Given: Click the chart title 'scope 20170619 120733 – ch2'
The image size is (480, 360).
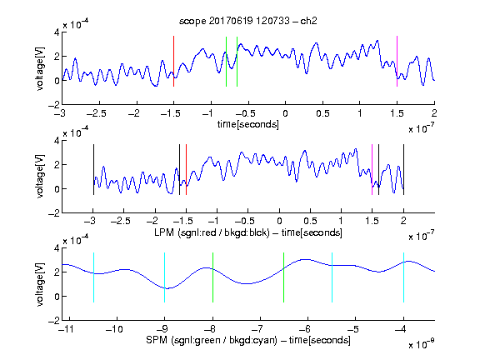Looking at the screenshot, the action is click(248, 21).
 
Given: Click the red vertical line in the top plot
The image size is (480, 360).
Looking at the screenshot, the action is click(173, 61).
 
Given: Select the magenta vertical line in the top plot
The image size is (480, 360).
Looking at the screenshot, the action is click(397, 61).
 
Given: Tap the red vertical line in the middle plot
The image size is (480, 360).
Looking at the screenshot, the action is click(186, 170).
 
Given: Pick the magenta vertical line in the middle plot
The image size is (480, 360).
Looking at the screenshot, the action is click(372, 170).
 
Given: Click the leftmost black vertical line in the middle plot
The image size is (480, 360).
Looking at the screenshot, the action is click(93, 170).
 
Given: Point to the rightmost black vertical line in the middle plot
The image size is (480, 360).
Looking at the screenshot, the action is click(403, 170).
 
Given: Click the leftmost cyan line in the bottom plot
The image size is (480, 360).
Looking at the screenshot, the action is click(93, 277).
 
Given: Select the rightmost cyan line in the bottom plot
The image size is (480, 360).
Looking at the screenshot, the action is click(403, 277).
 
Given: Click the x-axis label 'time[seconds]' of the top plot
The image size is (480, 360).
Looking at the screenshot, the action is click(248, 124).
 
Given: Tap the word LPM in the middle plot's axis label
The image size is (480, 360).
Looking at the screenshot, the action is click(164, 232).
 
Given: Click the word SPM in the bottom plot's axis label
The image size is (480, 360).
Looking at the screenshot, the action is click(157, 340).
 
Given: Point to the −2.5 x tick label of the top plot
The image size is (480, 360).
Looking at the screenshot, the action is click(97, 113).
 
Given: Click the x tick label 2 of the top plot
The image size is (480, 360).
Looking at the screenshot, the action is click(434, 113).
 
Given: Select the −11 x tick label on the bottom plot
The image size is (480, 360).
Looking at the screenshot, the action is click(66, 329).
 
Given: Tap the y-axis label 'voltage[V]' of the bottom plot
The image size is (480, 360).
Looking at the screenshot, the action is click(40, 284).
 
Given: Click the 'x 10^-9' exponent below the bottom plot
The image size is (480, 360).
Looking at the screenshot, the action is click(421, 343).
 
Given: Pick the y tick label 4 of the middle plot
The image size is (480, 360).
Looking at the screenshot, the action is click(57, 141).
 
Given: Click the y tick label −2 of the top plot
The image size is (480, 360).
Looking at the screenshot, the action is click(54, 105).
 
